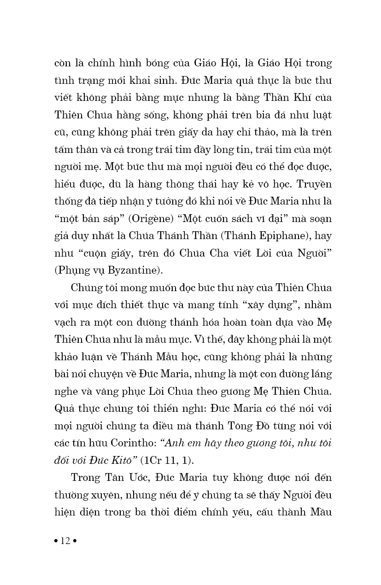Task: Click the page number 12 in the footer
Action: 65,541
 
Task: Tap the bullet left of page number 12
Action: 56,541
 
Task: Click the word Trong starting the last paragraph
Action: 86,477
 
